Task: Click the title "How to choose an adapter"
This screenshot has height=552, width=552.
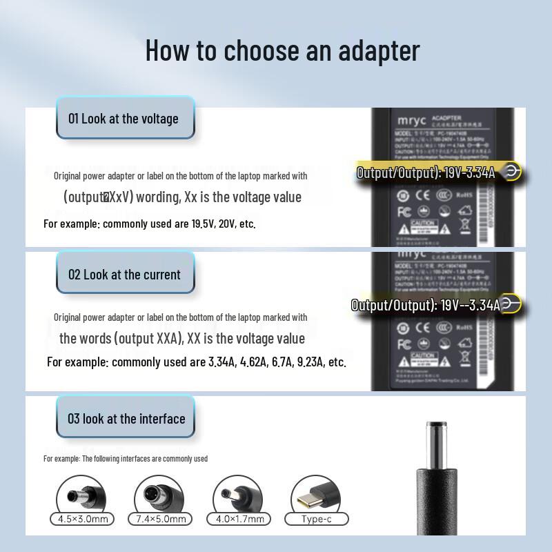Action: tap(282, 50)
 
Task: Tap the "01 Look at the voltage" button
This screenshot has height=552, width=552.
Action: tap(124, 119)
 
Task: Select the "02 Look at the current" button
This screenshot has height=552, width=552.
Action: tap(124, 275)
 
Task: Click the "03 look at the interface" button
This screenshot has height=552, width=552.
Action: tap(126, 419)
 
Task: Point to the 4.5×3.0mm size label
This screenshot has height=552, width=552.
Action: tap(83, 519)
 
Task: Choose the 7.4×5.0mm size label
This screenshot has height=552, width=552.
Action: tap(161, 519)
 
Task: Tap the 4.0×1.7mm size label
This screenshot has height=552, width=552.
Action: tap(239, 519)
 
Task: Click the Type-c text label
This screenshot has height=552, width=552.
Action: tap(317, 519)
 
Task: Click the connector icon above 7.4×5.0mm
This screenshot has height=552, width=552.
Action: tap(161, 495)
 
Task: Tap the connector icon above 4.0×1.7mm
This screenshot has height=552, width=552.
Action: tap(239, 495)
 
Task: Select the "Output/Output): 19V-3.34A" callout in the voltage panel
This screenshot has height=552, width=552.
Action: tap(426, 172)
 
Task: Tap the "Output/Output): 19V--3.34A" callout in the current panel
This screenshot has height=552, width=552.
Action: tap(426, 305)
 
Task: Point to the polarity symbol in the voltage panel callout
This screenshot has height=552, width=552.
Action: tap(511, 172)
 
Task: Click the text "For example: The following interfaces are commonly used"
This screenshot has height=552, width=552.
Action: tap(126, 458)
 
